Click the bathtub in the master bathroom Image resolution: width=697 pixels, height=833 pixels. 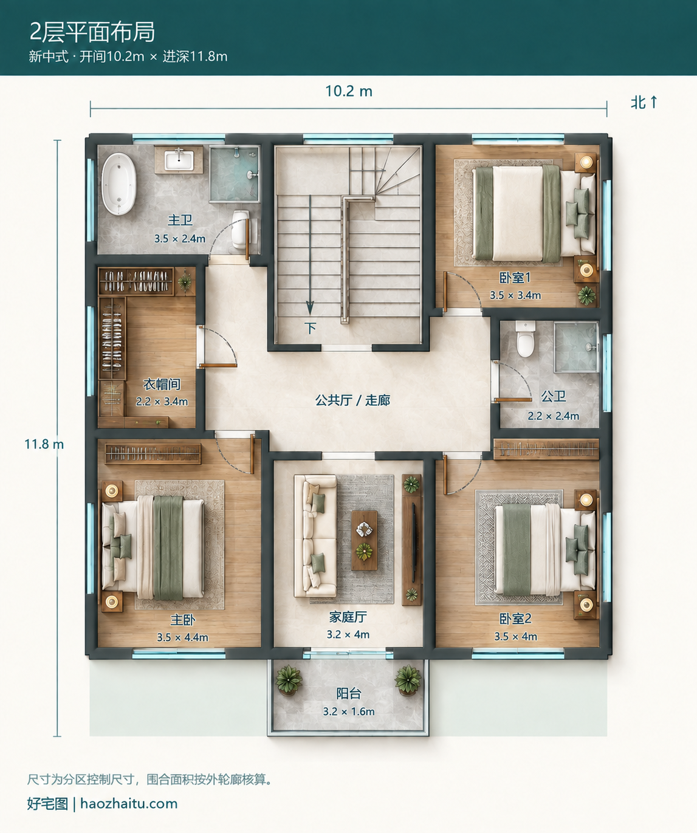pyautogui.click(x=118, y=184)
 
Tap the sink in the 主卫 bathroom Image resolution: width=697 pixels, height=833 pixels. pyautogui.click(x=179, y=160)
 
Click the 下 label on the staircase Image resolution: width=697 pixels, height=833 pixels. pyautogui.click(x=310, y=328)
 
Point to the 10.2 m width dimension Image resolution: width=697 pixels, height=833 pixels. pyautogui.click(x=349, y=91)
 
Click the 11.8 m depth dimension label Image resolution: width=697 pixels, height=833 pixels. pyautogui.click(x=44, y=444)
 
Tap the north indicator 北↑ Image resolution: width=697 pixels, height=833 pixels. pyautogui.click(x=644, y=103)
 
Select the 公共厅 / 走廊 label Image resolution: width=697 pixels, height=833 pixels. pyautogui.click(x=352, y=400)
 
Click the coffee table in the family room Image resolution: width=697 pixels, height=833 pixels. pyautogui.click(x=364, y=540)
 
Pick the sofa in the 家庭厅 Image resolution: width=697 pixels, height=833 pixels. pyautogui.click(x=315, y=536)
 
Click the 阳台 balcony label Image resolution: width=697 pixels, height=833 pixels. pyautogui.click(x=349, y=694)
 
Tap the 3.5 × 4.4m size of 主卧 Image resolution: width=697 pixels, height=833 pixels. pyautogui.click(x=182, y=637)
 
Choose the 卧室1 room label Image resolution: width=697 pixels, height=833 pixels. pyautogui.click(x=515, y=278)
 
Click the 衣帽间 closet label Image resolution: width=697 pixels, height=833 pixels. pyautogui.click(x=162, y=384)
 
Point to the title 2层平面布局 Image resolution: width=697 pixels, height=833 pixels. pyautogui.click(x=92, y=32)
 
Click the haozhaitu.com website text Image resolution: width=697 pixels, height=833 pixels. pyautogui.click(x=129, y=803)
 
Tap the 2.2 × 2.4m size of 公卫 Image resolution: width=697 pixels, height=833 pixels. pyautogui.click(x=553, y=416)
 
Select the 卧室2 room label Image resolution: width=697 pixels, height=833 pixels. pyautogui.click(x=515, y=619)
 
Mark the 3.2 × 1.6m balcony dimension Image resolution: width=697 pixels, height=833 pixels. pyautogui.click(x=349, y=711)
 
